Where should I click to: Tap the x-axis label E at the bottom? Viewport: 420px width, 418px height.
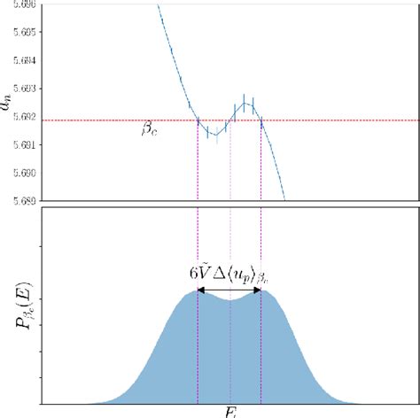point(230,411)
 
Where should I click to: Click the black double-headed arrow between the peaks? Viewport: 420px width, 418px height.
point(229,290)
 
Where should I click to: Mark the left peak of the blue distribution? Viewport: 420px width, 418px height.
point(198,293)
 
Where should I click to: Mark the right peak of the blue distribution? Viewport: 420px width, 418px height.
point(261,293)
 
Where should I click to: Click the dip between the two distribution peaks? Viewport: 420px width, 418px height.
point(230,300)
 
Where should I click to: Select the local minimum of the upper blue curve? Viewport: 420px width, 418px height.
point(214,134)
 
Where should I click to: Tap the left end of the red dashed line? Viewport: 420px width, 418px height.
point(44,120)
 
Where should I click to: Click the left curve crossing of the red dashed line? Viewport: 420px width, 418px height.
point(198,120)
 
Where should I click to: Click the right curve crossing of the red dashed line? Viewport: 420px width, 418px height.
point(261,120)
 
